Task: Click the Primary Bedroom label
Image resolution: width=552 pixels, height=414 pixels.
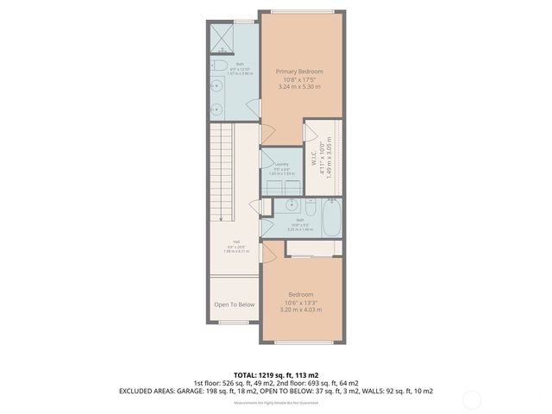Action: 299,71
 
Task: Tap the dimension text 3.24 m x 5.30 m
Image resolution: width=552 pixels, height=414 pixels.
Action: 299,86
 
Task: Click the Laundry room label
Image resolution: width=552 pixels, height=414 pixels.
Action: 281,164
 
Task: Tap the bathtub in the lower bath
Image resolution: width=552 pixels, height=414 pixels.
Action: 333,216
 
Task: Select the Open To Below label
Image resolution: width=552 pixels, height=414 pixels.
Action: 234,304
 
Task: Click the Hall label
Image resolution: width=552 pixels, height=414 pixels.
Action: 235,242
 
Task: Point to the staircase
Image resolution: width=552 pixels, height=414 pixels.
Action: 223,164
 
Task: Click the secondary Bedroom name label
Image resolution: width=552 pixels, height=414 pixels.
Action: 300,294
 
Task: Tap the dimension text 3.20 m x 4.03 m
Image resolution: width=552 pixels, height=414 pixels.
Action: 300,310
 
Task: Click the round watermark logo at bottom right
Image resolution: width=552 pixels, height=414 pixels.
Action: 472,398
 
